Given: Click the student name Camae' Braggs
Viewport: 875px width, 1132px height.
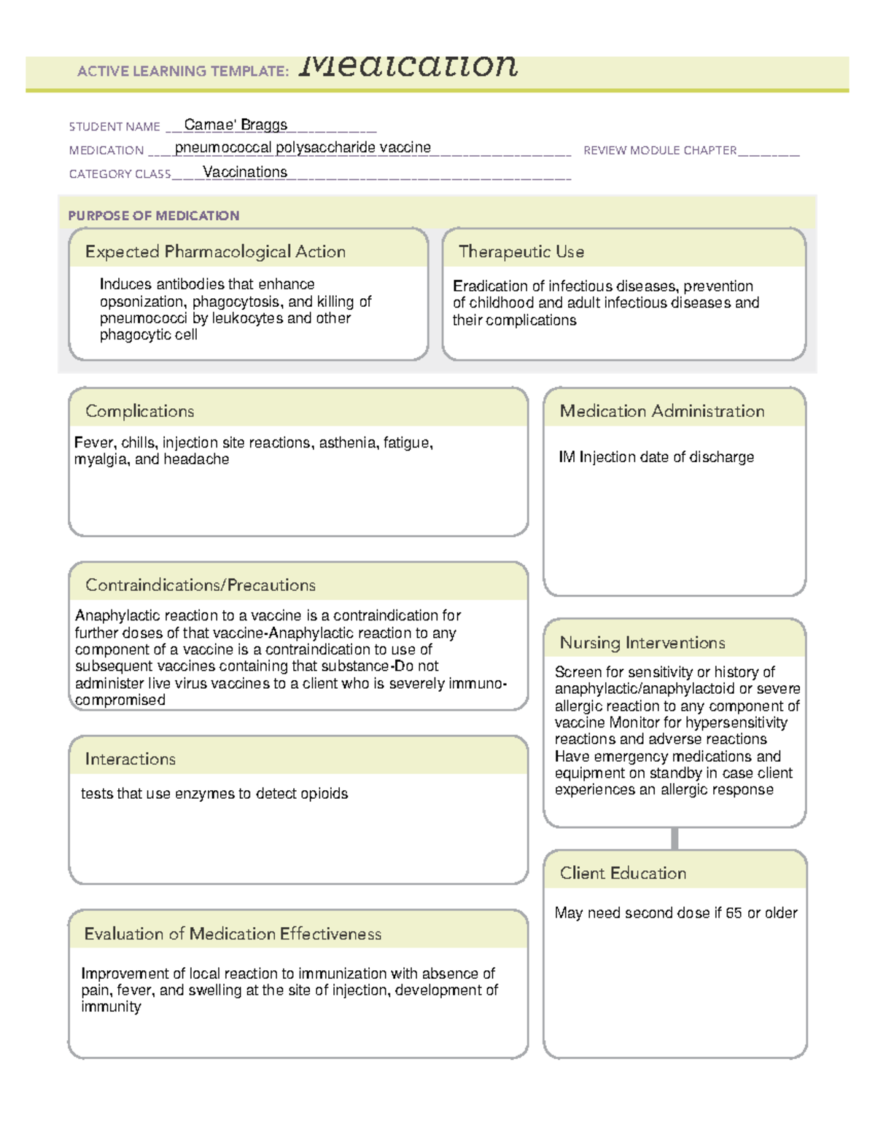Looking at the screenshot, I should [x=236, y=125].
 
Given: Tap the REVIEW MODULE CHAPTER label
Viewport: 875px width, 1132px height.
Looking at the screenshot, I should [x=660, y=150].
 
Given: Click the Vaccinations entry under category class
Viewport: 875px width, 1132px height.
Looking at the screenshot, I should [x=245, y=172].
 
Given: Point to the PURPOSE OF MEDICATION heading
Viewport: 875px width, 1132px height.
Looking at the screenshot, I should [x=154, y=216].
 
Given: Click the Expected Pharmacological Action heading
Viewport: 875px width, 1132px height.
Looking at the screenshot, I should [x=215, y=251].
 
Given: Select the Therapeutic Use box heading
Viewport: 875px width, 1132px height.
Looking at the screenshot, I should [x=521, y=251].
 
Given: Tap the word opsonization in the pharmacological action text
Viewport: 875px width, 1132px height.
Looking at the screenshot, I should [x=141, y=302].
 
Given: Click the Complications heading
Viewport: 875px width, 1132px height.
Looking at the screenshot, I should [x=140, y=411].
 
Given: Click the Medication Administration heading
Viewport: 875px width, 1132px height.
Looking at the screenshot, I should [x=662, y=411].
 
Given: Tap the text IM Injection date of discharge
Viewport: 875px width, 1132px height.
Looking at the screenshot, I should [x=656, y=457].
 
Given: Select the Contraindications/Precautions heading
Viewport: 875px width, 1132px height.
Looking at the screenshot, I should [x=201, y=585].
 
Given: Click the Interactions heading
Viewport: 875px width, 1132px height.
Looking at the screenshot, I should [x=131, y=759].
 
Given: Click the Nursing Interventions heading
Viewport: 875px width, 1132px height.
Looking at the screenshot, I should [x=642, y=642].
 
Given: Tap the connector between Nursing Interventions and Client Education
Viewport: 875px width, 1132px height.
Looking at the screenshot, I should [x=674, y=838].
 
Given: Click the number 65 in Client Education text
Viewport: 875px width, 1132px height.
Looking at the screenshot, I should [x=734, y=913].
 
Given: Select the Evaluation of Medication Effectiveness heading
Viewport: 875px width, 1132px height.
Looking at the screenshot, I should [x=233, y=934].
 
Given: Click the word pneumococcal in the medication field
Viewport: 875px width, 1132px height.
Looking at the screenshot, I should [x=223, y=148].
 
